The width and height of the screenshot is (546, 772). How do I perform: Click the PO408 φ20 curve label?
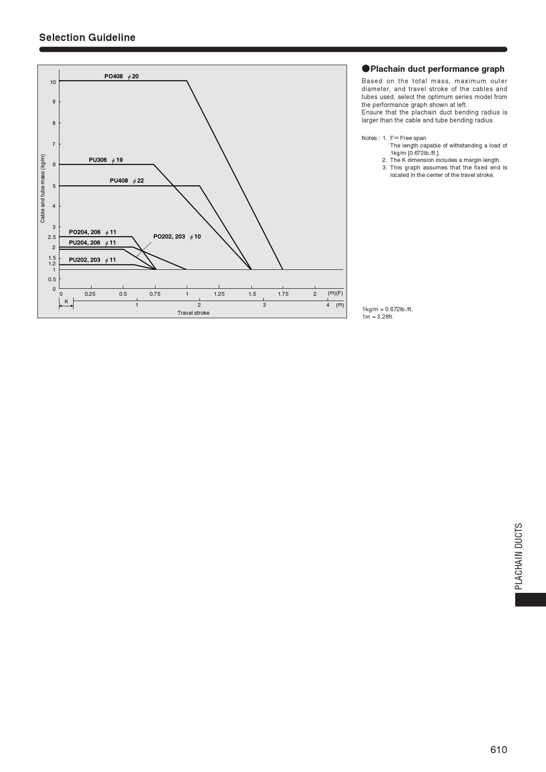tap(121, 77)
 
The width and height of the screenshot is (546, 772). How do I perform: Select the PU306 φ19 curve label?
tap(106, 160)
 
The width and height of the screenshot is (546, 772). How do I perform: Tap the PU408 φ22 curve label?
tap(127, 181)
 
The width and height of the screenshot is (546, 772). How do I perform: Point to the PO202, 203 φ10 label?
tap(177, 237)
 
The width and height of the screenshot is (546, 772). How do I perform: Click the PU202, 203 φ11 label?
tap(92, 260)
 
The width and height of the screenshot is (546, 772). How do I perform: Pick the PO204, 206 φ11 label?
tap(92, 232)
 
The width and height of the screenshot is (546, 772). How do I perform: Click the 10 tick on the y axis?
tap(53, 82)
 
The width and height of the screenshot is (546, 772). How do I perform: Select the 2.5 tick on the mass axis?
tap(52, 237)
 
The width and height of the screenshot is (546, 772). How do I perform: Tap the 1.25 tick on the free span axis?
tap(219, 294)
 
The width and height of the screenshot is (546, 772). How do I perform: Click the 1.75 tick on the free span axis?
tap(283, 294)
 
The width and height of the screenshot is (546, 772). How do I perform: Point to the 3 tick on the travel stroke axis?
tap(264, 305)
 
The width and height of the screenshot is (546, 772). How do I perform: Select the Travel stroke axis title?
tap(193, 313)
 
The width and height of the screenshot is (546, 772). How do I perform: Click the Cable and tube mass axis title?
tap(43, 188)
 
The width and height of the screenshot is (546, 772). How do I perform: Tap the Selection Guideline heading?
tap(87, 37)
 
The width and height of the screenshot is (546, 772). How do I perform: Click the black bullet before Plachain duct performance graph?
tap(365, 69)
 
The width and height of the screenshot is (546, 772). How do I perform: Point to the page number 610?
tap(498, 750)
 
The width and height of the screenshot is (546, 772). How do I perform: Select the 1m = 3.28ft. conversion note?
tap(378, 317)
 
